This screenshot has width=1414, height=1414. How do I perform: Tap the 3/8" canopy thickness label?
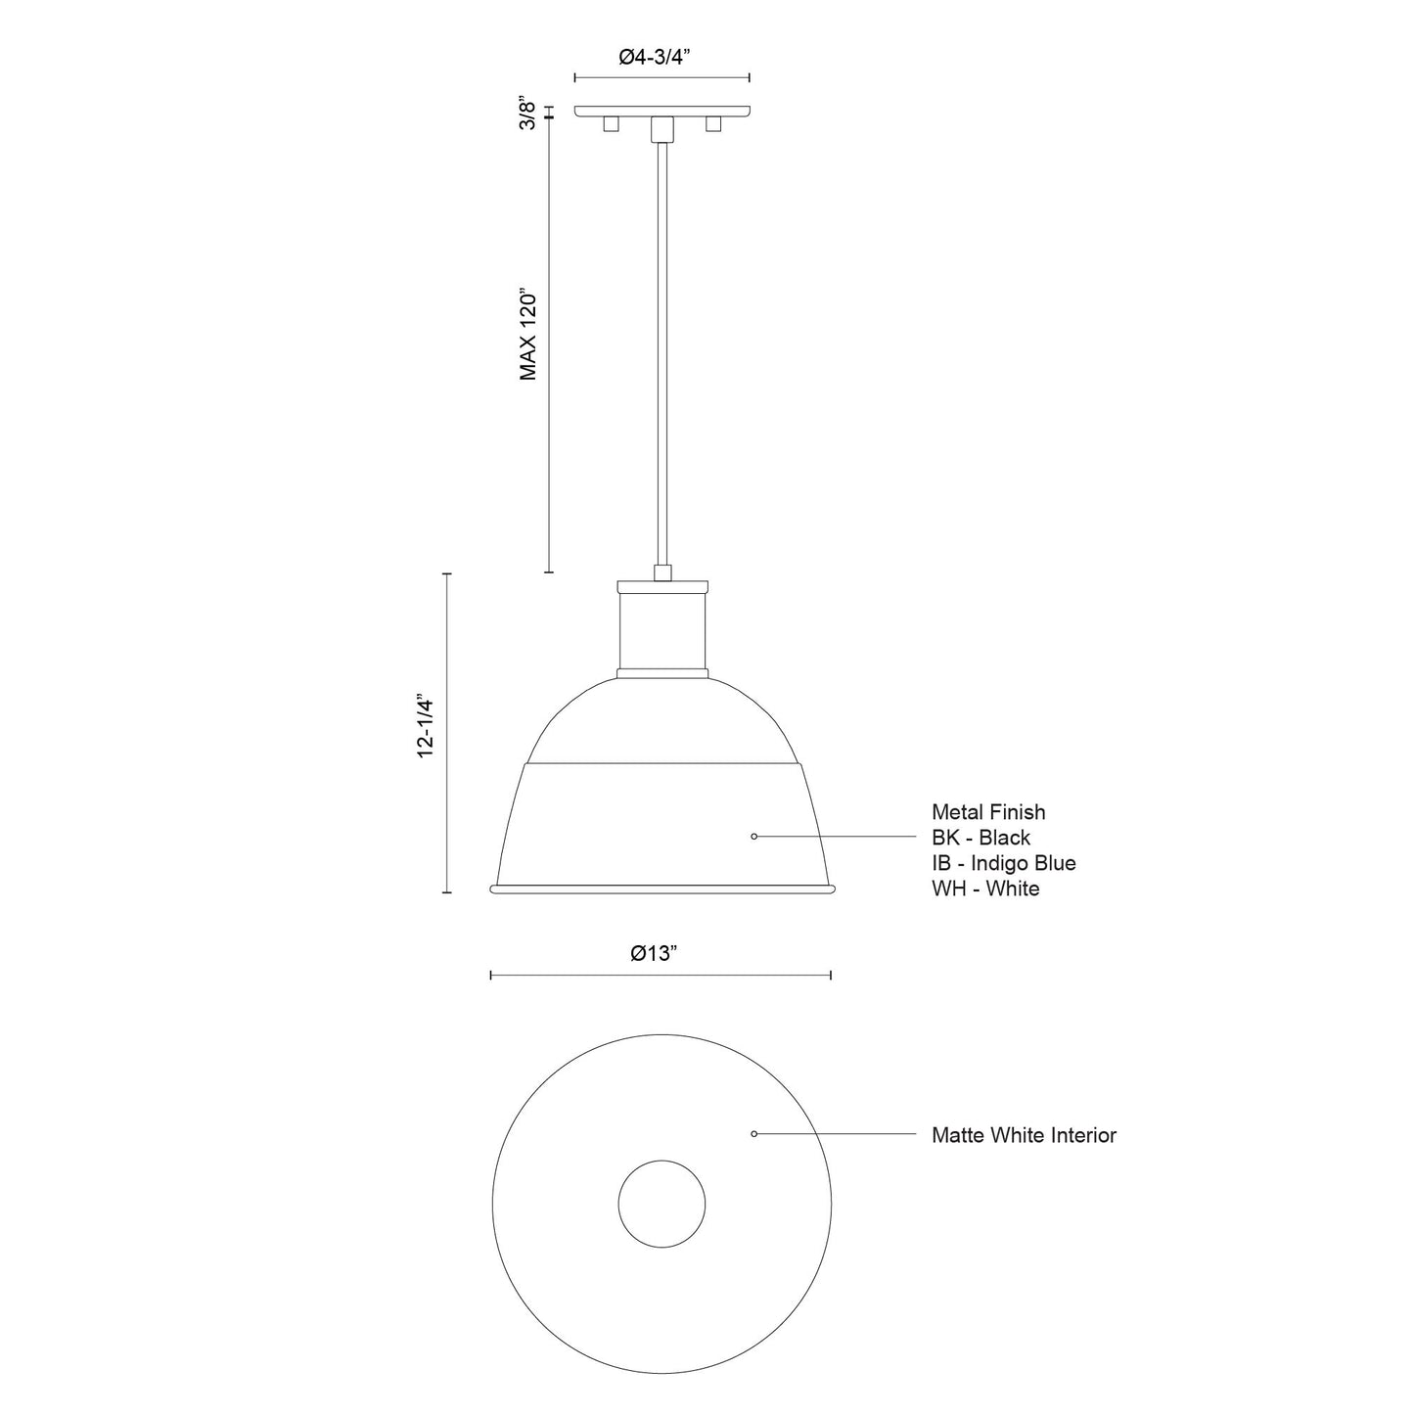pos(527,113)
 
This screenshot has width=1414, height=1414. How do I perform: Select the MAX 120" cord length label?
pos(528,334)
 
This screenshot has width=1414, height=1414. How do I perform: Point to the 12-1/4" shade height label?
pos(425,726)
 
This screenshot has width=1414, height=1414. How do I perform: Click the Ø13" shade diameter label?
pos(655,953)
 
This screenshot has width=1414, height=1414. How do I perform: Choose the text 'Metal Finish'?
pos(987,812)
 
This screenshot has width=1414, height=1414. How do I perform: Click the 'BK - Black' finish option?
pos(981,838)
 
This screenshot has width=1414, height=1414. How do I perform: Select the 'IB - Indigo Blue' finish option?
pos(1003,863)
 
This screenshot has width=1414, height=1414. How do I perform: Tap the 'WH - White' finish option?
pos(984,889)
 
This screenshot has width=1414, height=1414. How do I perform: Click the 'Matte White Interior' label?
pos(1024,1135)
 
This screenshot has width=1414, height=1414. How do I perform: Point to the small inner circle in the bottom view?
pos(661,1205)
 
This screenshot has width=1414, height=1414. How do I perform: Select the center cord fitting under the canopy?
pos(662,128)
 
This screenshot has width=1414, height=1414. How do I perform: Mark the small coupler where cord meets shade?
pos(662,572)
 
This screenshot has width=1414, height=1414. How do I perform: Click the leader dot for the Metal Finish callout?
pos(753,837)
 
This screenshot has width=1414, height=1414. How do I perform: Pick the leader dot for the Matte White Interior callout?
pos(753,1134)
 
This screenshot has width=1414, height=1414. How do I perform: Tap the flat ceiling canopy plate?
pos(662,111)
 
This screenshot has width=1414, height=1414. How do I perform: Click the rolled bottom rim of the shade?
pos(662,889)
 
